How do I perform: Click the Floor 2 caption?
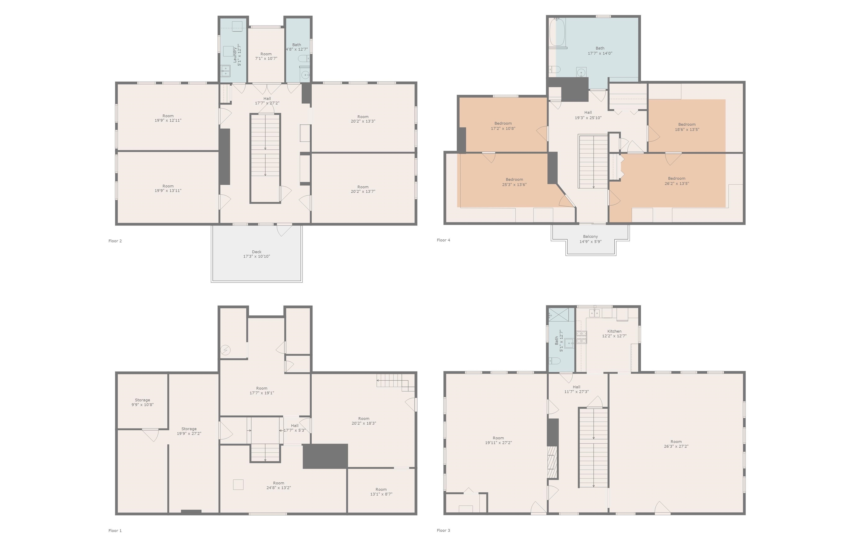point(115,241)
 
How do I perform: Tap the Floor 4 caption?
point(443,240)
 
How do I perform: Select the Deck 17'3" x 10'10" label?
point(256,254)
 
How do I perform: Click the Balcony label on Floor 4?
point(590,239)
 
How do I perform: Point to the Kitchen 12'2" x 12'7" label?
point(614,333)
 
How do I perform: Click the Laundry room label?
point(237,55)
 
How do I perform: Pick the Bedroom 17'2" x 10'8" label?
point(503,126)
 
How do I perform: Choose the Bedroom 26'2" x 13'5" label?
point(677,181)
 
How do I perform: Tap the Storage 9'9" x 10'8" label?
point(142,402)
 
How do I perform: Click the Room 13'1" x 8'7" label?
point(381,492)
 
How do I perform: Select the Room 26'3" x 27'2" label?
point(676,444)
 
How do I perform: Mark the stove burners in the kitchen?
point(581,337)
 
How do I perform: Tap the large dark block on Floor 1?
point(325,456)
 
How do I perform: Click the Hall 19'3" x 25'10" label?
point(588,115)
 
